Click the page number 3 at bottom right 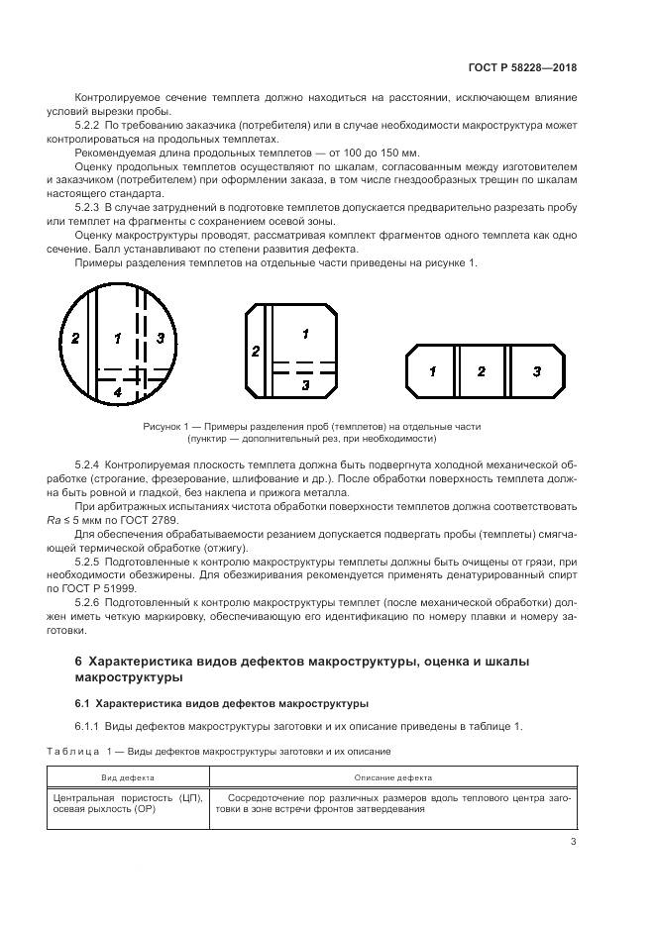tap(574, 843)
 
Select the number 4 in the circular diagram tap(117, 392)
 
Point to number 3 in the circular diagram tap(161, 339)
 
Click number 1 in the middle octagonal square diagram tap(305, 334)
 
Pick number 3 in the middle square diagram tap(305, 383)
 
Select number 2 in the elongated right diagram tap(481, 371)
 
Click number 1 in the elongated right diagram tap(432, 371)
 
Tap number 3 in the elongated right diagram tap(536, 371)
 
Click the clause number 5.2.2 tap(87, 126)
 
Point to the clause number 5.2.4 tap(87, 464)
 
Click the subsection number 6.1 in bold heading tap(83, 702)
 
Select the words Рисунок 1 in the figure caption tap(165, 426)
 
